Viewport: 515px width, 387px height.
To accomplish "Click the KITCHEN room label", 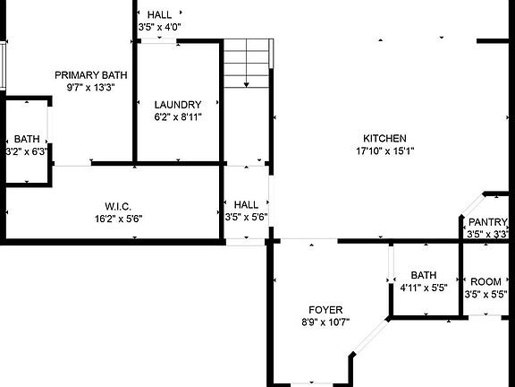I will click(384, 138).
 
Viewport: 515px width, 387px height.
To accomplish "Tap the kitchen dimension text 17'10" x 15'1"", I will click(384, 150).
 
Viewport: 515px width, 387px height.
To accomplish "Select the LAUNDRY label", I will click(177, 104).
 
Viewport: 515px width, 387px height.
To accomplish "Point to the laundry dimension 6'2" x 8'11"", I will click(177, 116).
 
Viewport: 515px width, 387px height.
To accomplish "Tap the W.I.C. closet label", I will click(118, 206).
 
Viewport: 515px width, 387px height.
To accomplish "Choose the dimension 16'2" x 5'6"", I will click(118, 218).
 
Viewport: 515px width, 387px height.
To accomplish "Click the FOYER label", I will click(325, 310).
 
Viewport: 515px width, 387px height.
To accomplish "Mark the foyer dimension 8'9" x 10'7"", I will click(325, 322).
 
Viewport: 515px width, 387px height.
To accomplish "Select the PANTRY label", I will click(487, 223).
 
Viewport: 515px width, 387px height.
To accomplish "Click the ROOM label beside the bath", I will click(486, 281).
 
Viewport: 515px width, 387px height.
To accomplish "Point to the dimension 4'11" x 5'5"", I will click(423, 288).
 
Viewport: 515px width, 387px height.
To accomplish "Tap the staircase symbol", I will click(247, 63).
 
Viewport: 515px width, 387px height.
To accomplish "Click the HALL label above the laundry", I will click(160, 15).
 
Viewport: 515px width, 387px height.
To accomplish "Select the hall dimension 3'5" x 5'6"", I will click(247, 217).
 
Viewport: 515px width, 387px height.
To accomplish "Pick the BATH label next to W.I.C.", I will click(27, 140).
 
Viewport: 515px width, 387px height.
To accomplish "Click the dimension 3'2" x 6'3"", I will click(27, 152).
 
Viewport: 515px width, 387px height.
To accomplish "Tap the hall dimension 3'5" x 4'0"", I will click(160, 28).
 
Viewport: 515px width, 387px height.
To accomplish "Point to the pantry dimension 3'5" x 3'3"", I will click(487, 235).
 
